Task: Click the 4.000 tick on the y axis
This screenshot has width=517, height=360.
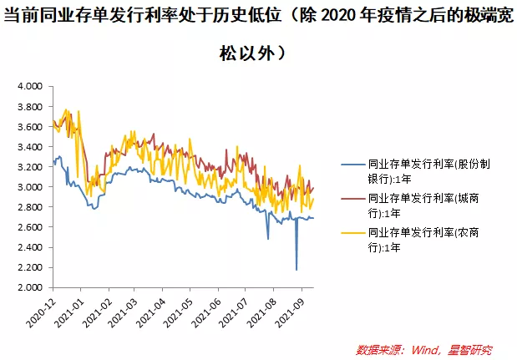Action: (30, 87)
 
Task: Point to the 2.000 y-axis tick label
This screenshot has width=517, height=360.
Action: (30, 287)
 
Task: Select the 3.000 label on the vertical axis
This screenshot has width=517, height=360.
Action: (30, 187)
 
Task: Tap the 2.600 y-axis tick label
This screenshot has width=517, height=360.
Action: (30, 227)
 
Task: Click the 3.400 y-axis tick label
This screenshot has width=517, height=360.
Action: (30, 147)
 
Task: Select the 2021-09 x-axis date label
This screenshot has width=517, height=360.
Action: (299, 311)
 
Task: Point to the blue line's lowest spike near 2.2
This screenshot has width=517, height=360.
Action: (297, 269)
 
